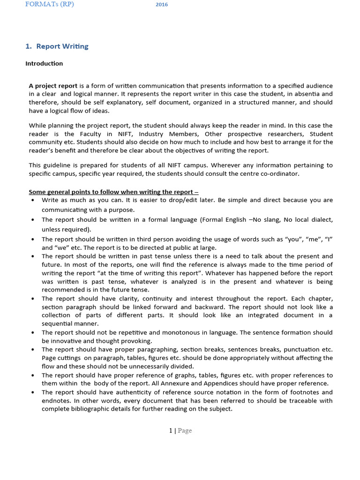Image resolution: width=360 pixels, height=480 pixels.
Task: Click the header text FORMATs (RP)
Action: coord(49,4)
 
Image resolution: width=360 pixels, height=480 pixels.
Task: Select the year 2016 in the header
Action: coord(162,5)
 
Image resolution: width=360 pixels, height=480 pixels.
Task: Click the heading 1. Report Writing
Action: coord(57,46)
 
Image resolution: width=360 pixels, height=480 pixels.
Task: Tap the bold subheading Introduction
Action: coord(44,63)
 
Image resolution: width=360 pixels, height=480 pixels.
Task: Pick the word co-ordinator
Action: coord(278,173)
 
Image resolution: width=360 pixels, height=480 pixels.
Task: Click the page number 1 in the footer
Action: coord(171,430)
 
